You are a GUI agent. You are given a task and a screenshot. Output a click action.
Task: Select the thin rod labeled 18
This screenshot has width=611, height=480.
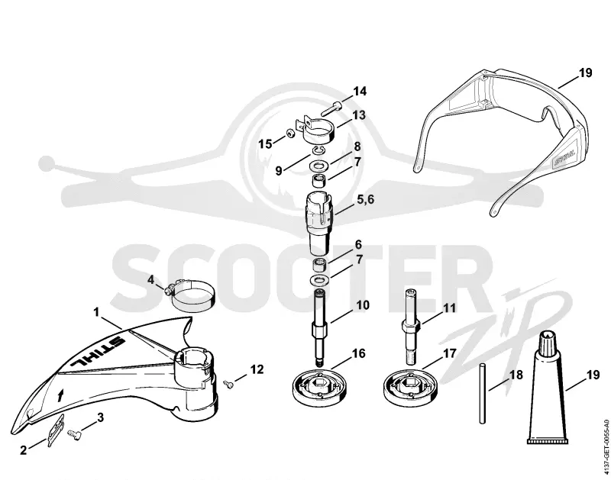482,393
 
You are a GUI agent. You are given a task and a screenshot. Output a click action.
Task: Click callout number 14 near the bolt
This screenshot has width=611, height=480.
360,92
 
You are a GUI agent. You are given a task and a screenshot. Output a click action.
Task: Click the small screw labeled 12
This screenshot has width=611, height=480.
228,385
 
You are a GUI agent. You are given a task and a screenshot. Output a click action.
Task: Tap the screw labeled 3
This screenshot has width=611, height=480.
74,434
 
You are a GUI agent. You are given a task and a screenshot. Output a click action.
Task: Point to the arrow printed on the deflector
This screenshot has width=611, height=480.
60,395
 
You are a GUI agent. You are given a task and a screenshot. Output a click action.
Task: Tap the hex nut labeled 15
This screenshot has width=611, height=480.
290,134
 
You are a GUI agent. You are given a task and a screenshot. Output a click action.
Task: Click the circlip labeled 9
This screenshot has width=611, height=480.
319,150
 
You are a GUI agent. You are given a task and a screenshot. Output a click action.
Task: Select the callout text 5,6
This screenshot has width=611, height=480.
366,199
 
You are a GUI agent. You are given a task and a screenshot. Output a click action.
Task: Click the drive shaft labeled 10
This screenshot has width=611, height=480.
319,327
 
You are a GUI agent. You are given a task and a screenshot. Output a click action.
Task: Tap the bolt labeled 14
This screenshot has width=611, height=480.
331,108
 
